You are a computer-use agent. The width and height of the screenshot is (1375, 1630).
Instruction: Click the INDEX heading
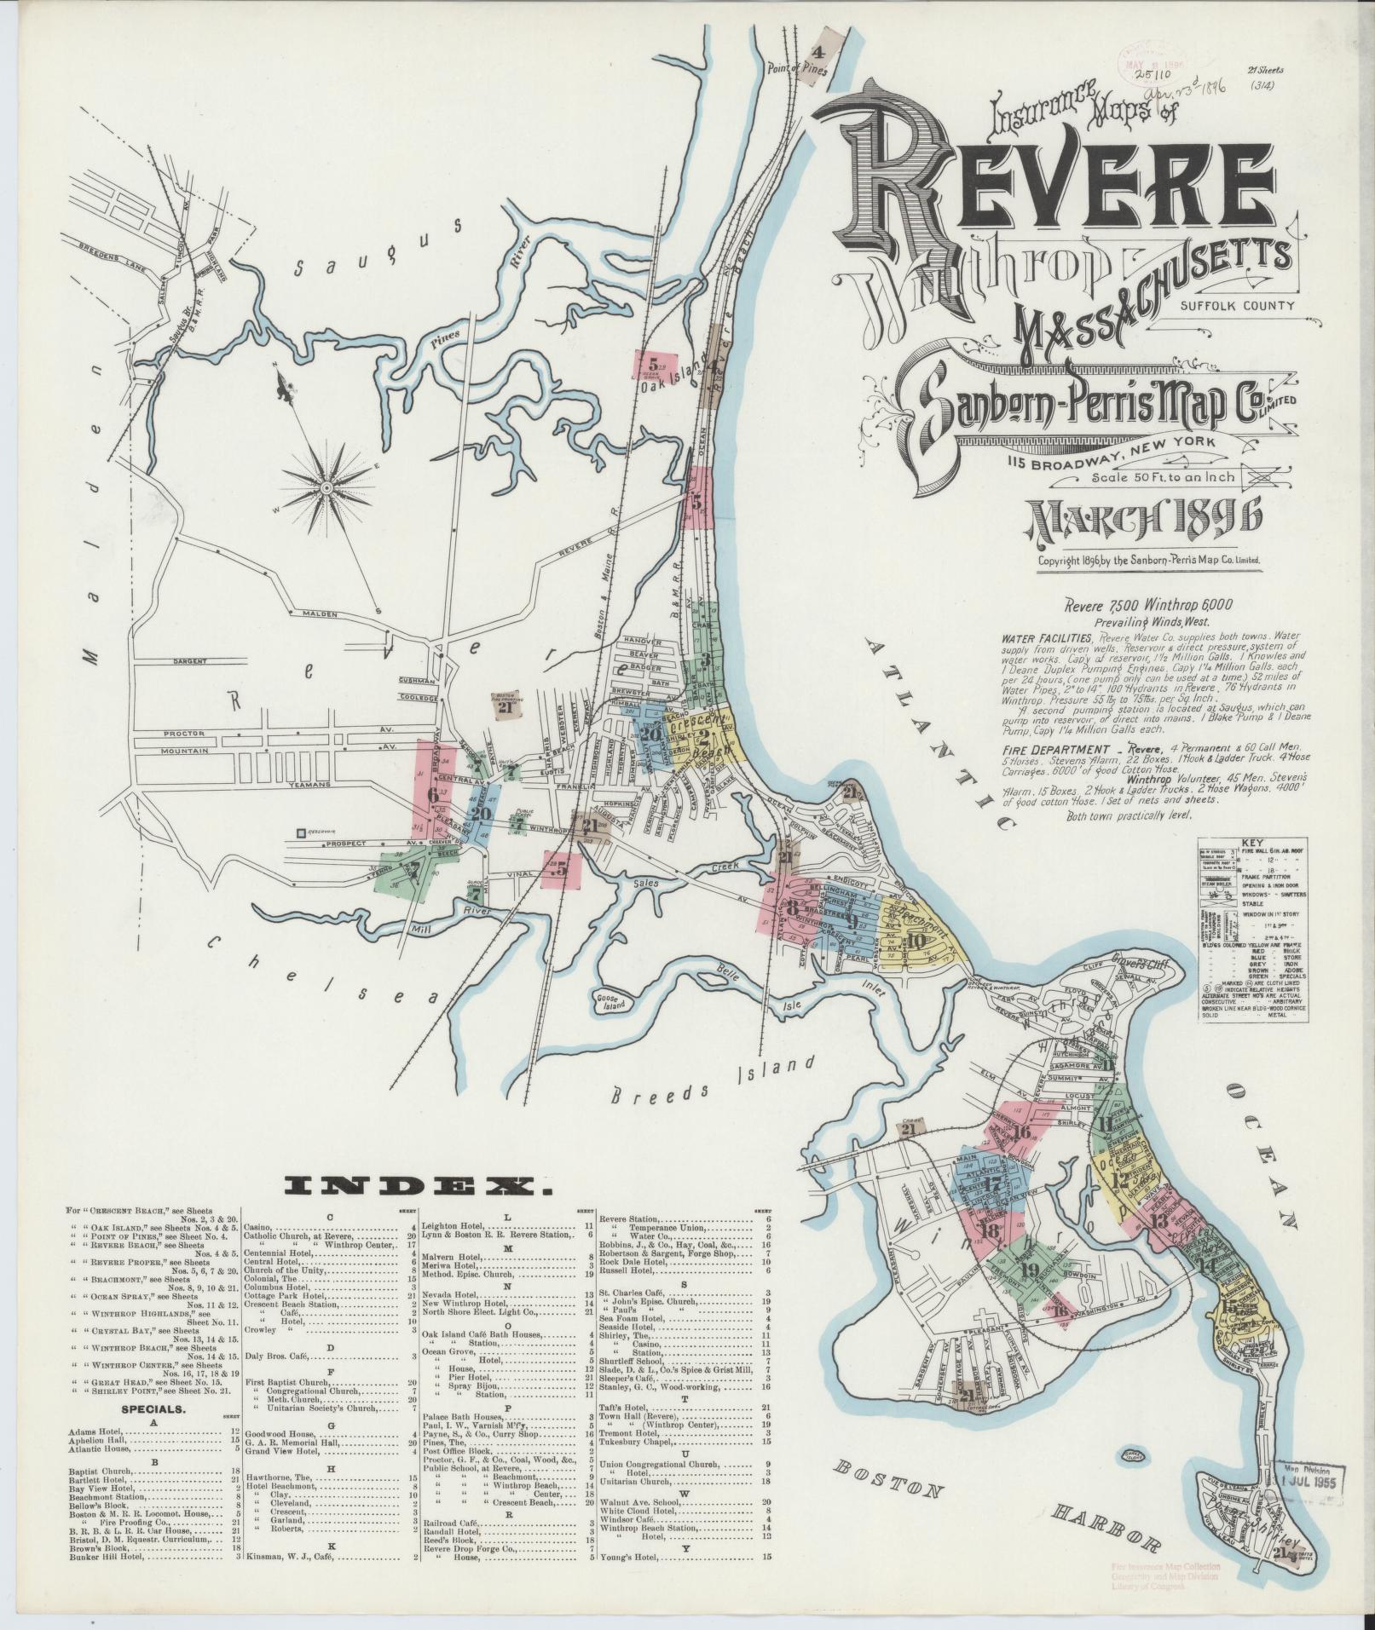419,1185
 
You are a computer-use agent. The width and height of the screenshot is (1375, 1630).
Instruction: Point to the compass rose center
326,487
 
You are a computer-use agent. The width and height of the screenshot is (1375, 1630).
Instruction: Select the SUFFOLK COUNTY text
1237,305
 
